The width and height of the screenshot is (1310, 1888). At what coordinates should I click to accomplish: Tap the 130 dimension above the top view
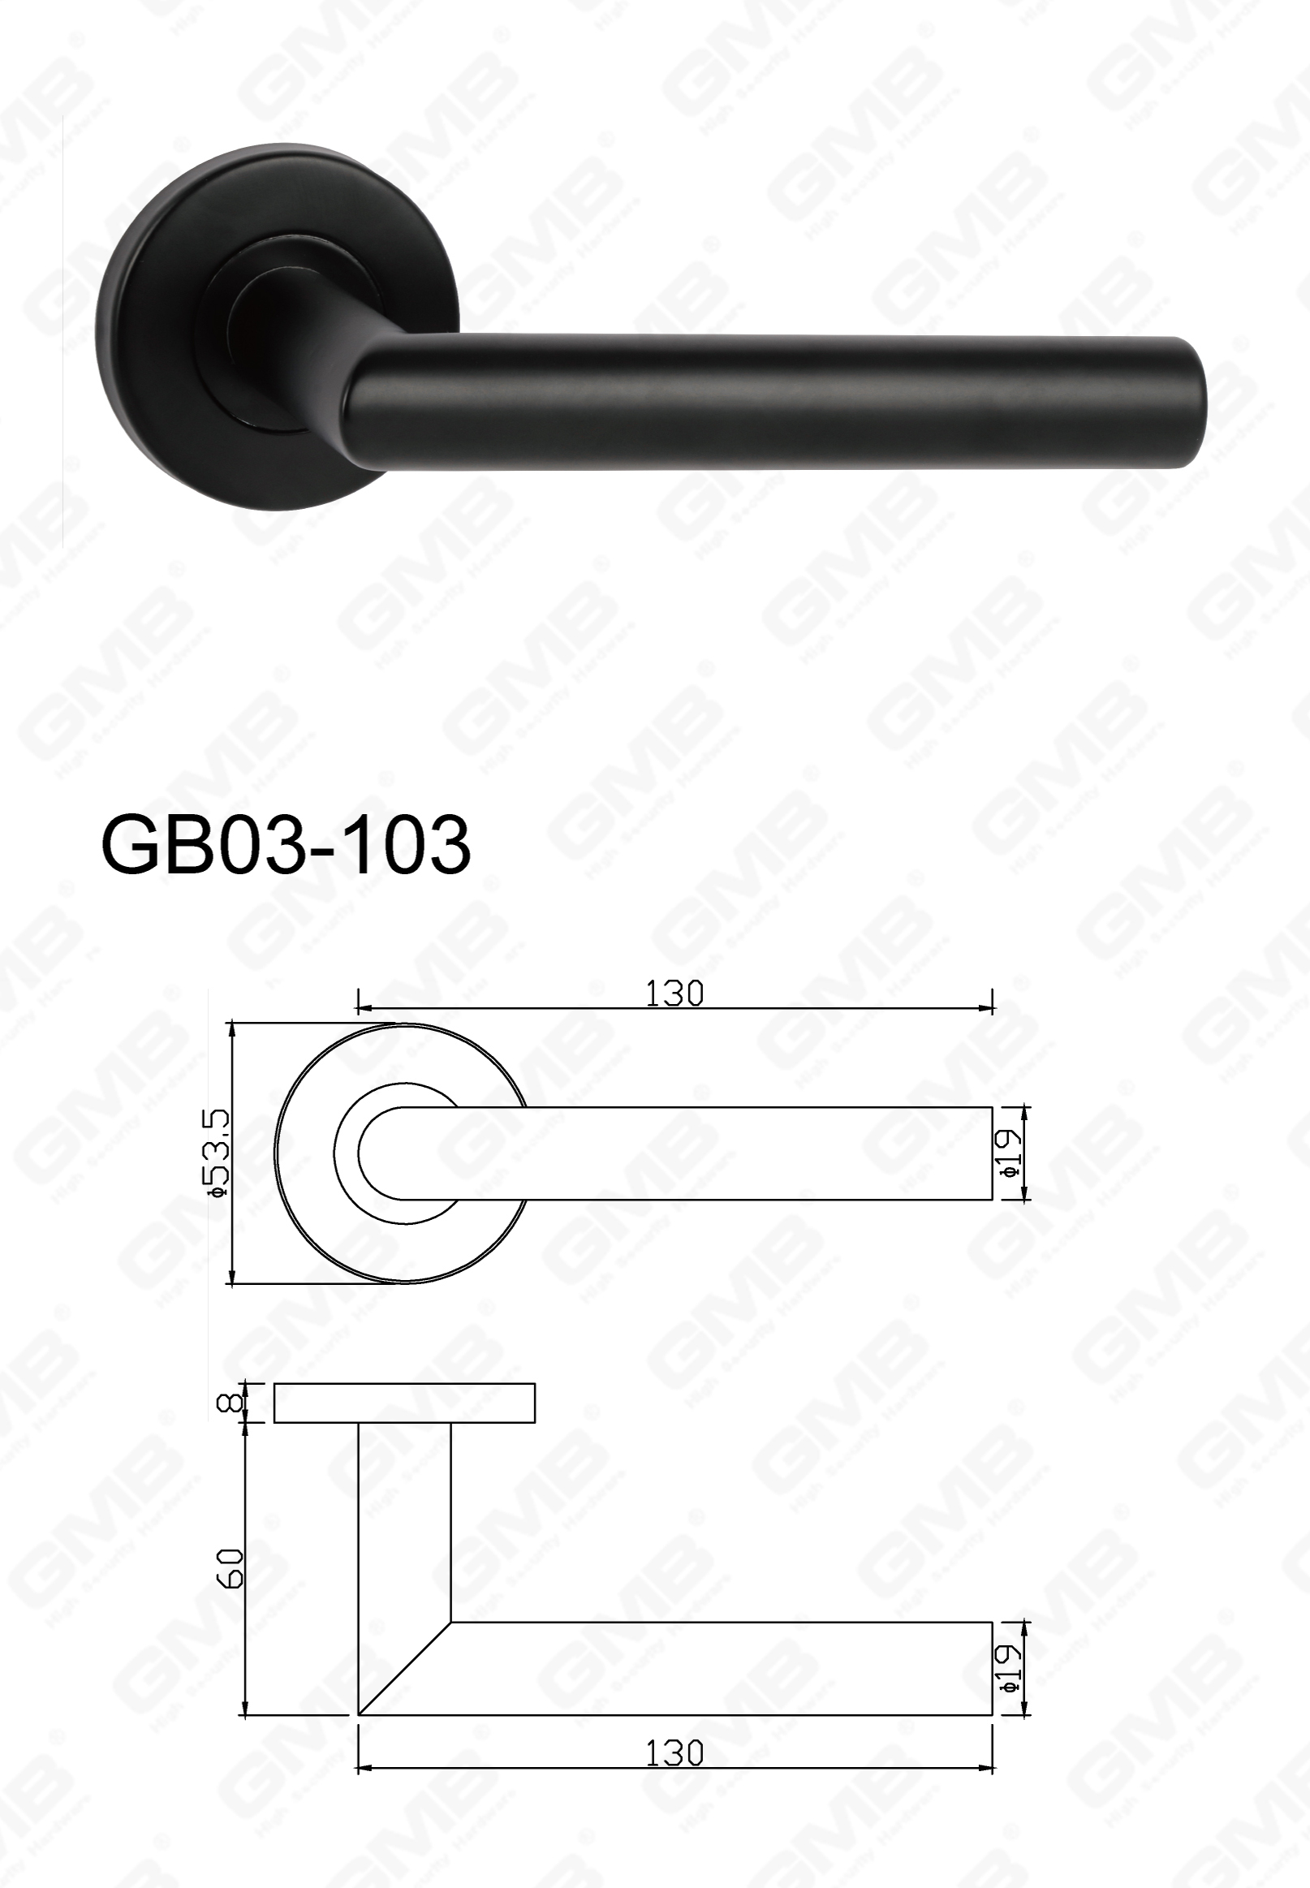[674, 994]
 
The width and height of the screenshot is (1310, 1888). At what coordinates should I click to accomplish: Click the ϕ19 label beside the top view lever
[1011, 1153]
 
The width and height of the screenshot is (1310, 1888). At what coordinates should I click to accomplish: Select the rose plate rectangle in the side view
[404, 1403]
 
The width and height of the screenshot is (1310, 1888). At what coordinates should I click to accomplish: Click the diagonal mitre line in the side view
[405, 1669]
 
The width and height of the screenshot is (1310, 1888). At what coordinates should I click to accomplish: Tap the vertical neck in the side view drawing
[405, 1519]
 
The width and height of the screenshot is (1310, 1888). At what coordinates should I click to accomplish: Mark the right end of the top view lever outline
[992, 1153]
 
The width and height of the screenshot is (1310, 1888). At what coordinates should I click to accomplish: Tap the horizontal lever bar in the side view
[722, 1669]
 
